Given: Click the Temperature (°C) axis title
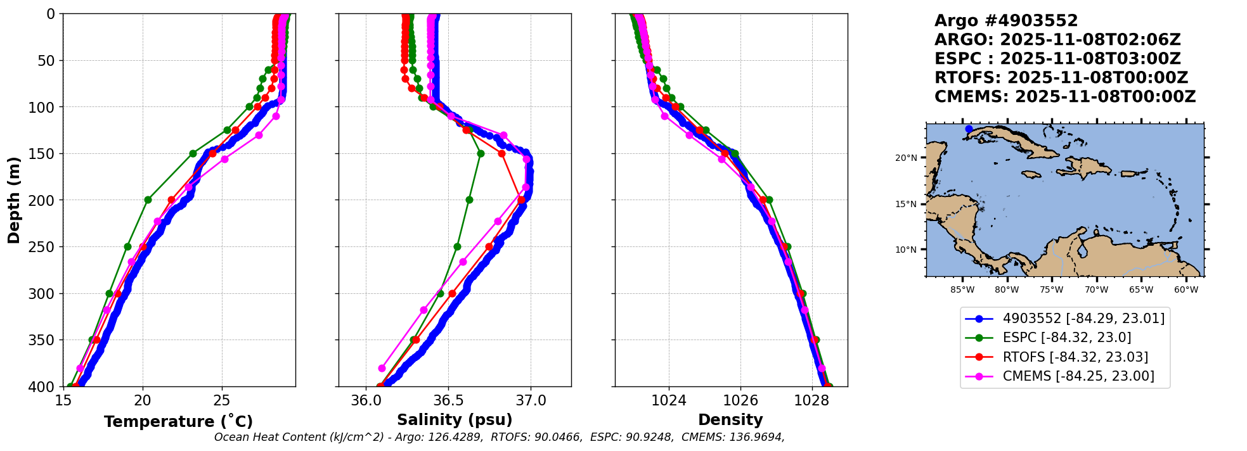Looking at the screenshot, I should [178, 421].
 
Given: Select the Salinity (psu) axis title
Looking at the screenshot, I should [455, 420].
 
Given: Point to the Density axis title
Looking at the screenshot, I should [730, 420].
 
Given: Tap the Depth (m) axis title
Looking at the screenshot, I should [14, 200].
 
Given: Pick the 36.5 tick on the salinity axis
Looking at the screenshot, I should [448, 400].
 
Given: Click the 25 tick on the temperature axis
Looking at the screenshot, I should [222, 400].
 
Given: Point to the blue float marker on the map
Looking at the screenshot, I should [969, 129].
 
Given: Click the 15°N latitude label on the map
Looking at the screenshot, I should [906, 204].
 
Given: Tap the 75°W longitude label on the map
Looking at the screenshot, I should [1051, 290].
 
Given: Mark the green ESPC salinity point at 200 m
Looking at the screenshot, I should [469, 200].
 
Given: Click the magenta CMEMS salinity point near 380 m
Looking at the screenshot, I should [382, 368].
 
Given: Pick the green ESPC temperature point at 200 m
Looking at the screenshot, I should [148, 200].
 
